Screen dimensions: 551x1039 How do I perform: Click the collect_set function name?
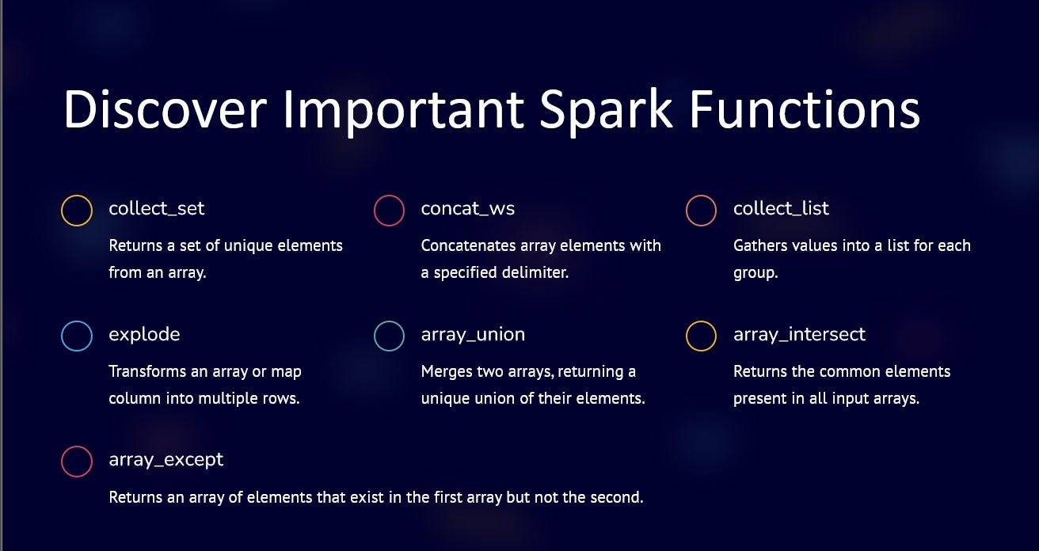click(x=157, y=208)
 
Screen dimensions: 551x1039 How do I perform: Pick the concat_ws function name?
click(x=468, y=208)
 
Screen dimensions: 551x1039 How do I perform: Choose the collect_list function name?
click(x=781, y=208)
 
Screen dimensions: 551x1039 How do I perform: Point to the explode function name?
click(x=144, y=334)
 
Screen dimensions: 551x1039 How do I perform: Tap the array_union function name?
click(x=473, y=334)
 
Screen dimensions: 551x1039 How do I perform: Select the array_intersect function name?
click(x=799, y=334)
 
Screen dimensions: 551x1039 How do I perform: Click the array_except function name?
click(x=166, y=459)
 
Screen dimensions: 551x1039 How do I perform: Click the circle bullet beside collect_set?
click(x=77, y=211)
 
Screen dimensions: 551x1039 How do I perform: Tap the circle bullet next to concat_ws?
click(x=389, y=211)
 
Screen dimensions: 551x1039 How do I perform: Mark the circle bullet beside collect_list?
click(x=701, y=211)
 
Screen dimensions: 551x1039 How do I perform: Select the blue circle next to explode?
click(x=77, y=336)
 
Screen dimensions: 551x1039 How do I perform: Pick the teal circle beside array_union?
click(x=389, y=336)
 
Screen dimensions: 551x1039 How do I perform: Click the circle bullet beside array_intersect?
click(x=701, y=336)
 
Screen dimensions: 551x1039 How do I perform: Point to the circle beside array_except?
click(x=77, y=462)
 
